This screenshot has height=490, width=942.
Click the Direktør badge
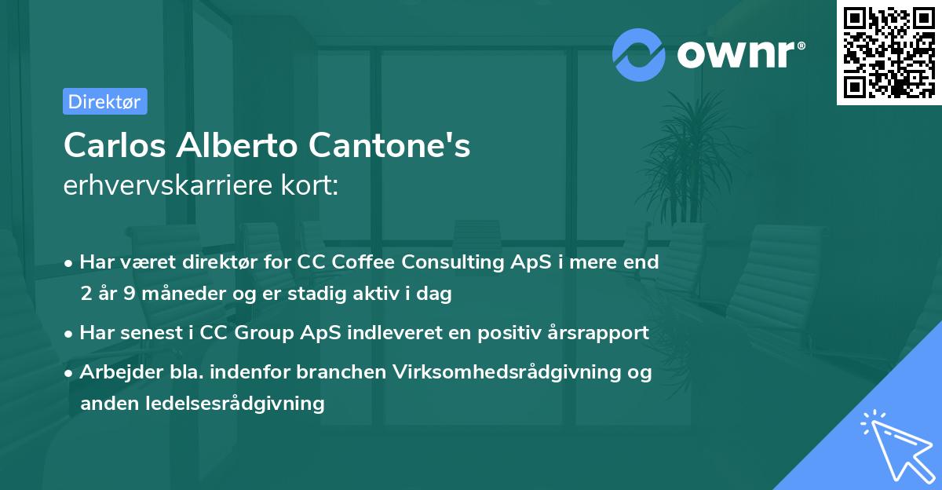tap(104, 101)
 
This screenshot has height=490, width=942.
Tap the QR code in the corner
tap(889, 52)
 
